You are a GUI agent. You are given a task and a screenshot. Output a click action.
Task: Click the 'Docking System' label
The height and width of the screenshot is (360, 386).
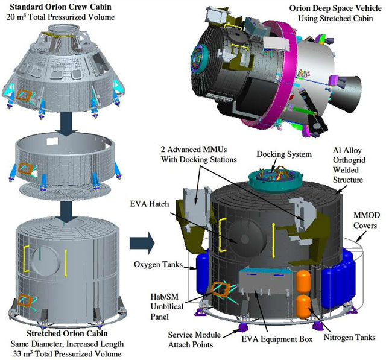284,154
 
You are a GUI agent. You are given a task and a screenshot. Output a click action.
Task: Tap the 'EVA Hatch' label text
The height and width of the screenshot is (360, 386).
150,204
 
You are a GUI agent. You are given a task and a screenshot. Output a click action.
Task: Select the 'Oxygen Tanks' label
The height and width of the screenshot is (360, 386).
158,264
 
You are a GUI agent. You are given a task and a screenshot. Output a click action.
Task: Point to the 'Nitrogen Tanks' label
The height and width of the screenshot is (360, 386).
350,337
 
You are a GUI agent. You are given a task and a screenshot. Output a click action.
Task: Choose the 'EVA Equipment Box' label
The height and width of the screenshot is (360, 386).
277,339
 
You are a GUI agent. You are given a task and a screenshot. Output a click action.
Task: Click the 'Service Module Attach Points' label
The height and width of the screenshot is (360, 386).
194,339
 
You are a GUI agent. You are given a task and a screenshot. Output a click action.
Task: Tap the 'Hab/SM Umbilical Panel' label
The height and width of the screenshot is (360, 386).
167,306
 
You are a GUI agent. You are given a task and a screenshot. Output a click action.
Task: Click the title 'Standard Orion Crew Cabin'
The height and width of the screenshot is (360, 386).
60,7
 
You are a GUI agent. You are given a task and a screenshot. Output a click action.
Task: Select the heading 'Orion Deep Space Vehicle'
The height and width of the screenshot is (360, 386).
335,8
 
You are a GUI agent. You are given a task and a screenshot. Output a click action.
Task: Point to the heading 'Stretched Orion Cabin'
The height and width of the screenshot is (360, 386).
67,333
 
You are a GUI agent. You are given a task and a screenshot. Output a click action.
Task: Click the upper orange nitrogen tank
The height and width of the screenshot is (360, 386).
303,282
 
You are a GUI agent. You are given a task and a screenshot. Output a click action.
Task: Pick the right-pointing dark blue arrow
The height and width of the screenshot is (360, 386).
142,243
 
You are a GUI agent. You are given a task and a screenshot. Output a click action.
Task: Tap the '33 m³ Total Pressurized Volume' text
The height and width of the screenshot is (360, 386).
67,354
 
